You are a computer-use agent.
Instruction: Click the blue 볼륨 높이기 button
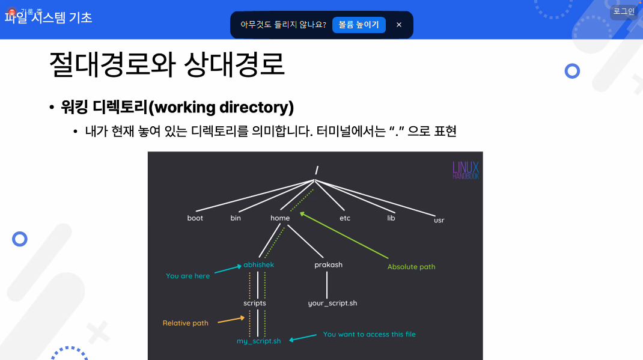coord(359,25)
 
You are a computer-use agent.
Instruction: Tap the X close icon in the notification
coord(399,25)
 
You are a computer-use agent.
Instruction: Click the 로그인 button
coord(624,11)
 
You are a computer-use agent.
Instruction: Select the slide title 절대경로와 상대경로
coord(166,64)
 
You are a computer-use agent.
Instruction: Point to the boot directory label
coord(195,218)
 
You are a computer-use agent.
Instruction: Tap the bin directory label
coord(236,218)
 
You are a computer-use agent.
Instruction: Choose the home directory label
coord(280,218)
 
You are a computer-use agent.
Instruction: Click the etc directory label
coord(345,218)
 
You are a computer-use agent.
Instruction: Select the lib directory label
coord(391,218)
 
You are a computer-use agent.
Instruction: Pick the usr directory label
coord(439,221)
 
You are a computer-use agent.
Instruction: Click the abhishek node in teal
coord(259,265)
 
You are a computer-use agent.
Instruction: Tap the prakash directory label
coord(328,265)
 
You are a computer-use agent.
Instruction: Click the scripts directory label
coord(255,304)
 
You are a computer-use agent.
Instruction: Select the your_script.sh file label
coord(332,304)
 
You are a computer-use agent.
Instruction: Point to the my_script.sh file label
coord(259,341)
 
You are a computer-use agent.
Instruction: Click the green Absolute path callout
coord(411,267)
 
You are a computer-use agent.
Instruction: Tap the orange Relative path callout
coord(185,323)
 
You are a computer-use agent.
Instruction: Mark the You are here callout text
coord(187,276)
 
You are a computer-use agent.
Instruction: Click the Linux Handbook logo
coord(466,170)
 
